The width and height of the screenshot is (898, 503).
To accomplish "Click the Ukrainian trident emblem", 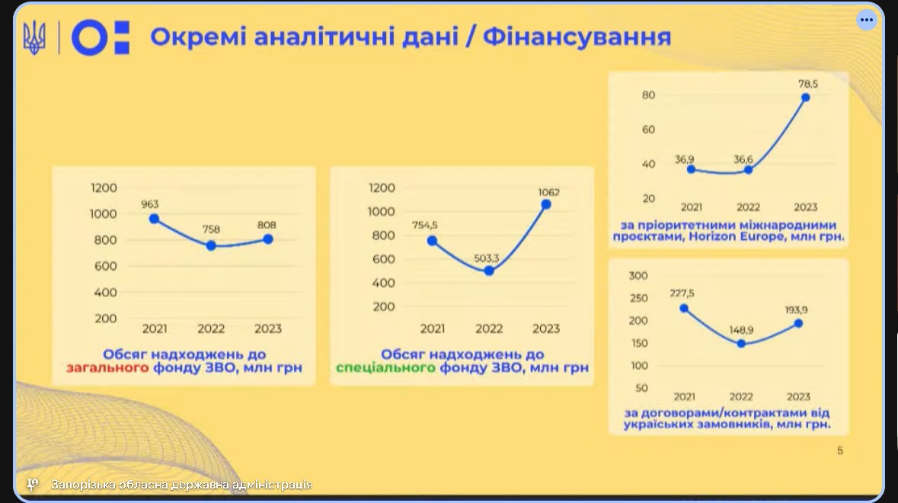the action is (34, 38).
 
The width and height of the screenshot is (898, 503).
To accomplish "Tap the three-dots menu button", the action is (867, 20).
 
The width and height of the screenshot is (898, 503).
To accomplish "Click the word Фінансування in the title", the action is (577, 37).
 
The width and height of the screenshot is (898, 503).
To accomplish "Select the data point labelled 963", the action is (154, 218).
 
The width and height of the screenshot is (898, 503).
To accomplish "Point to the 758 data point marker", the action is (211, 245).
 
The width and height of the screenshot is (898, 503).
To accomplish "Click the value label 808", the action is (267, 225).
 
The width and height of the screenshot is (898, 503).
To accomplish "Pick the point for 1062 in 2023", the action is (546, 204).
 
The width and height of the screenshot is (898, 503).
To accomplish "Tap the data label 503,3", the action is (487, 258).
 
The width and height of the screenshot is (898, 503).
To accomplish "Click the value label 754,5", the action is (425, 225).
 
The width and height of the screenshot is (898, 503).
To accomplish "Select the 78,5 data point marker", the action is (805, 98).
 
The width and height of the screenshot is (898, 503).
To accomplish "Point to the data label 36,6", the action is (743, 159).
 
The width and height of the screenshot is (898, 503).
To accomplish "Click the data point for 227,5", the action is (684, 308).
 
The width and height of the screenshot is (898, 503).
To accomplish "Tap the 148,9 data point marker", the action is (741, 344).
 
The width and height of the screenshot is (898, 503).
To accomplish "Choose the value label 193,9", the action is (796, 310).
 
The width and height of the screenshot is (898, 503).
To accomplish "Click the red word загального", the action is (107, 368).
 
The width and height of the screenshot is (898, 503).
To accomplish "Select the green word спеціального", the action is (385, 368).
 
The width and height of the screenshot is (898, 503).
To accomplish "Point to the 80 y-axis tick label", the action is (648, 95).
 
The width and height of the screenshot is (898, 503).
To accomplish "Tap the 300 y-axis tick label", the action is (638, 276).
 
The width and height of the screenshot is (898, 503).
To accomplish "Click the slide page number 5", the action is (839, 451).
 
